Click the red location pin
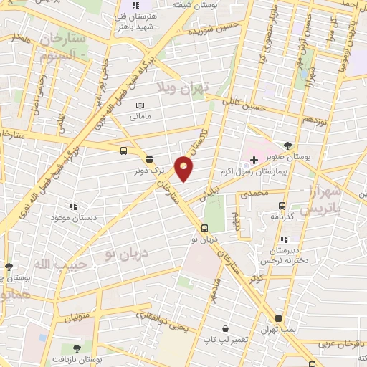(184, 168)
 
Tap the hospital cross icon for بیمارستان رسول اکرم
(254, 158)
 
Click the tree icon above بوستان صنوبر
(287, 145)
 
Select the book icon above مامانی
(139, 105)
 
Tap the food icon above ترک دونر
(148, 160)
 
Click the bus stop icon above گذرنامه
(282, 205)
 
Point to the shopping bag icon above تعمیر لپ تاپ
(225, 328)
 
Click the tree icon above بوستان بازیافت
(77, 348)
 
